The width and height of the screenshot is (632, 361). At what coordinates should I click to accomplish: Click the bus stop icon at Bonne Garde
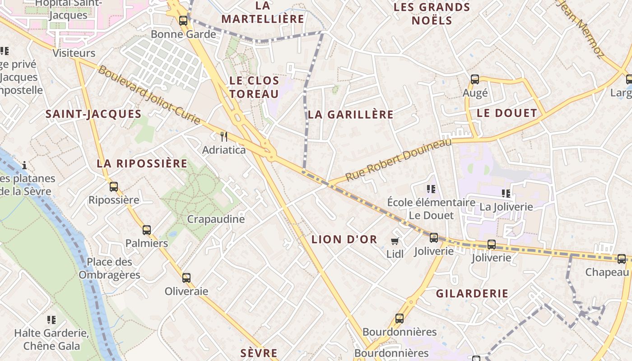point(183,20)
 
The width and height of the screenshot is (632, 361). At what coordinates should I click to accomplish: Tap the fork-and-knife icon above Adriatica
point(223,136)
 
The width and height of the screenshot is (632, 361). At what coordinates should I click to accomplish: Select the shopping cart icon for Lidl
point(395,241)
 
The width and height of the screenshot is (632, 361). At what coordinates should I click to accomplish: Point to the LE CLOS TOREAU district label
point(254,87)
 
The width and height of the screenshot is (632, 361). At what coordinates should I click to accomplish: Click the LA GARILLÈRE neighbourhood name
point(350,115)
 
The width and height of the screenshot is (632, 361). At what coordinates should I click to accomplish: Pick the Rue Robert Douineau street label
point(399,160)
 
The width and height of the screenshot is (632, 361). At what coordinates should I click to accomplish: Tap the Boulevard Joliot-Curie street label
point(149,96)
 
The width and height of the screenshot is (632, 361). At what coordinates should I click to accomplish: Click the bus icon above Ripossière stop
point(114,186)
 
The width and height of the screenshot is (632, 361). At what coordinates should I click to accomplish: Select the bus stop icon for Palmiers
point(147,230)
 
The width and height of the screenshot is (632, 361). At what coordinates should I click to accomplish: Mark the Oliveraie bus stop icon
point(186,278)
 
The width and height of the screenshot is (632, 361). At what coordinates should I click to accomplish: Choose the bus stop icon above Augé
point(475,79)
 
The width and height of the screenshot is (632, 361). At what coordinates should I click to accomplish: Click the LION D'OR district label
point(344,239)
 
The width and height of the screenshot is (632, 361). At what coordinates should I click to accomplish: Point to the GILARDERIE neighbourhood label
point(472,293)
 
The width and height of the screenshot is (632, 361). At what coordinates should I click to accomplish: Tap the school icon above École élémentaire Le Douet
point(431,189)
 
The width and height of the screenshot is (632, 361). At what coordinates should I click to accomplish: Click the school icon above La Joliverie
point(506,194)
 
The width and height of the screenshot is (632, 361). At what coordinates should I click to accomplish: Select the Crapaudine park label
point(216,219)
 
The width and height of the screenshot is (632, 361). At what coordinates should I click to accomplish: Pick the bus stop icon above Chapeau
point(622,259)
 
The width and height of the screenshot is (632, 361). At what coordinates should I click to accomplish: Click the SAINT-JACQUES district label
point(93,114)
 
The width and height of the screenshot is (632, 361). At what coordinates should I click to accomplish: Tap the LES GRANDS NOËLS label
point(432,14)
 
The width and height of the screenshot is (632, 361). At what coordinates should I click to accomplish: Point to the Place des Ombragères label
point(109,268)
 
